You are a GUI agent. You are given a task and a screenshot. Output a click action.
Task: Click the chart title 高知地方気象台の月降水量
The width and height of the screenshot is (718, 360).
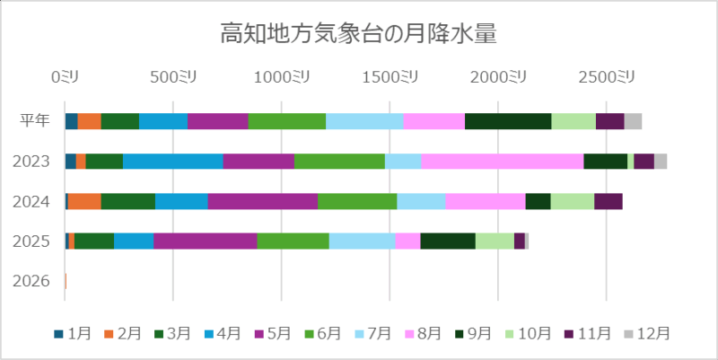359,35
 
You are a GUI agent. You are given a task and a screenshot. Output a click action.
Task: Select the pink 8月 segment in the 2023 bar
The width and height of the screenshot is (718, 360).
502,161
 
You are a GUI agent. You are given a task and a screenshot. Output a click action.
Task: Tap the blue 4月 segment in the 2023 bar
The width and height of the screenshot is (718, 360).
172,161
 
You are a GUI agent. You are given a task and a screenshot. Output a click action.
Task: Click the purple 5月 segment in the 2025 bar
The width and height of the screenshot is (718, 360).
206,241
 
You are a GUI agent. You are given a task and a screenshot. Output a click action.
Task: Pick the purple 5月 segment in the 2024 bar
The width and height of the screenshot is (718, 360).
262,201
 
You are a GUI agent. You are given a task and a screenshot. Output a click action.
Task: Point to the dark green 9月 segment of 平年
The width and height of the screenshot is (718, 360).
508,121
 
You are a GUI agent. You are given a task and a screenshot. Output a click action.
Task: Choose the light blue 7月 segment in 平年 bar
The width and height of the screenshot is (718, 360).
364,121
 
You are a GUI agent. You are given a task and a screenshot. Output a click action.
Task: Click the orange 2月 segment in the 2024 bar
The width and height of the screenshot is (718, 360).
84,201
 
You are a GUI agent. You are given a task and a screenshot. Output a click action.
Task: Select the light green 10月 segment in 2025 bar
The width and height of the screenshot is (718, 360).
495,241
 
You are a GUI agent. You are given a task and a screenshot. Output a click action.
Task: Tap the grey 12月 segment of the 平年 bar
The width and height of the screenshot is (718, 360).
633,121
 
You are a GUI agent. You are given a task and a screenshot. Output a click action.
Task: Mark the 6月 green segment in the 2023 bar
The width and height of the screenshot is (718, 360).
339,161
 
